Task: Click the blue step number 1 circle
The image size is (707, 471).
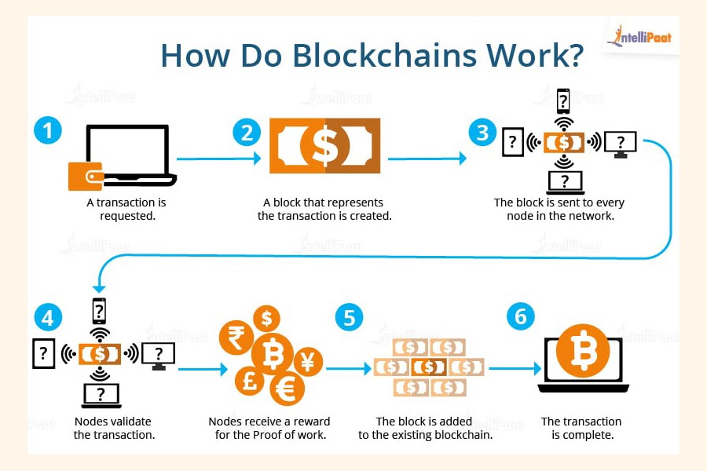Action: pos(47,130)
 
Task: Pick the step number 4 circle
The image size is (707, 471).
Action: pos(47,317)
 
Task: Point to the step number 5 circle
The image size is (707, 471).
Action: pos(349,317)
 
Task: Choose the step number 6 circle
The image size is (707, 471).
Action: pos(520,317)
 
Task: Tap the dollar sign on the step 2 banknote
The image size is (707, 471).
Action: pos(324,145)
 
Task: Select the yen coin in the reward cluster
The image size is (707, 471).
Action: pos(307,362)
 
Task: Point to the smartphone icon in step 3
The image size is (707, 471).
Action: pos(562,101)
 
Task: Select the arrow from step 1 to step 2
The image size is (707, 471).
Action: pos(221,159)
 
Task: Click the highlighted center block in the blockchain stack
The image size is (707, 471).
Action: pos(428,367)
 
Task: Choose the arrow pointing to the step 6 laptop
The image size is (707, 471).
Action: pos(514,368)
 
